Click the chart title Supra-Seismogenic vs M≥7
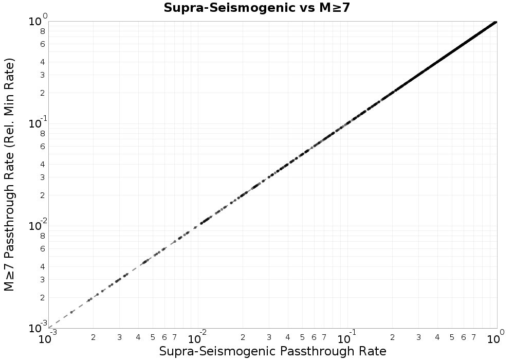point(256,8)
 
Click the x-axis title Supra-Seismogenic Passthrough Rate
point(272,351)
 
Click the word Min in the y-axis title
point(10,96)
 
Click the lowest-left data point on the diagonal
point(71,312)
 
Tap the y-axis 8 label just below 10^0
point(43,31)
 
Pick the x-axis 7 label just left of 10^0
point(473,337)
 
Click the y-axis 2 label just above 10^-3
point(43,297)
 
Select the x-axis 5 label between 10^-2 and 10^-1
point(302,337)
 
